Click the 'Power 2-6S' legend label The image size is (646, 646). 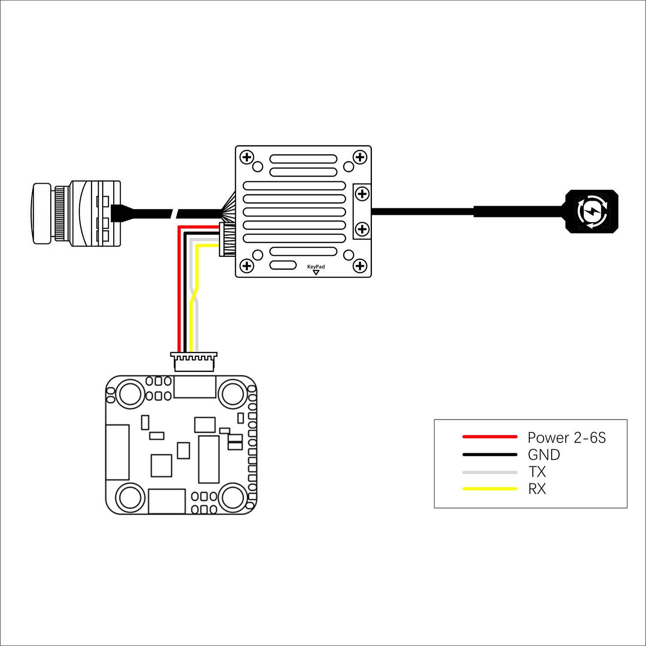[x=566, y=438]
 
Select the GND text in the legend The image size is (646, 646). [x=544, y=455]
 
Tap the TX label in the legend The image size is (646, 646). [x=537, y=472]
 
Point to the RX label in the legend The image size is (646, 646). [x=537, y=489]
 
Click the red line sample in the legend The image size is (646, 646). [x=489, y=437]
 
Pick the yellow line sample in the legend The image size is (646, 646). [x=489, y=489]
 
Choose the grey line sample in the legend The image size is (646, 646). [x=489, y=472]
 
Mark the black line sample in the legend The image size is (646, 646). [x=489, y=454]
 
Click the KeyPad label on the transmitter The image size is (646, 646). [x=316, y=267]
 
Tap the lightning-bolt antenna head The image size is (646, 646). [x=592, y=211]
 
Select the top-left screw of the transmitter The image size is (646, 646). [x=247, y=157]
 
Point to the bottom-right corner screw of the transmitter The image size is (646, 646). [x=359, y=266]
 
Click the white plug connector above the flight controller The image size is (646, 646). [x=194, y=362]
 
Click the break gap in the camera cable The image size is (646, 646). [x=174, y=213]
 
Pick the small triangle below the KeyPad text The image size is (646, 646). [x=316, y=272]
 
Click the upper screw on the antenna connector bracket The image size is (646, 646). [x=362, y=194]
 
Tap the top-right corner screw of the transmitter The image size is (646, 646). [x=359, y=157]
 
